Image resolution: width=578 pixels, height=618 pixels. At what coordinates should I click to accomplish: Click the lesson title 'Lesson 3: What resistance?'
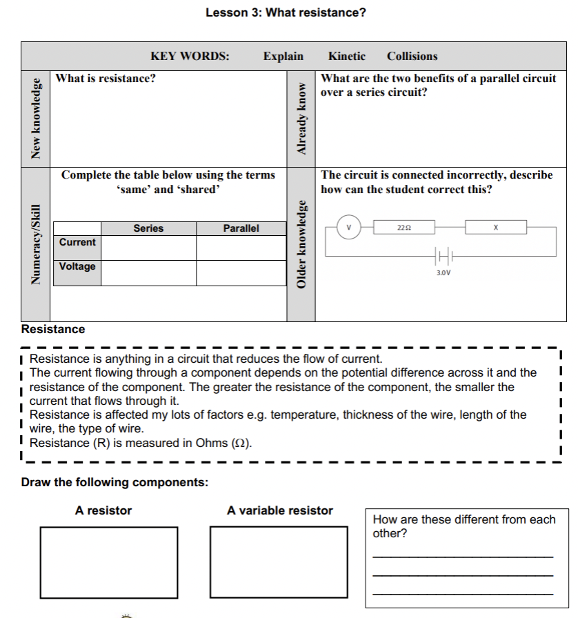tap(286, 12)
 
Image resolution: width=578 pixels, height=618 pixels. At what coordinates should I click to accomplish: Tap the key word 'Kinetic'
tap(347, 57)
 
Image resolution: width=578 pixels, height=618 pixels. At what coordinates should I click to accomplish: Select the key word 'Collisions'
tap(412, 57)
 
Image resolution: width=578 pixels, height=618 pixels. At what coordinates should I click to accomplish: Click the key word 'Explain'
tap(283, 57)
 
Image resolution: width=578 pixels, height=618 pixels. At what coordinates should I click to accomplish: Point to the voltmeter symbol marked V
tap(349, 226)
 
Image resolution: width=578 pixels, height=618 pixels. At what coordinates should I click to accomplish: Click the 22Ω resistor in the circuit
tap(403, 226)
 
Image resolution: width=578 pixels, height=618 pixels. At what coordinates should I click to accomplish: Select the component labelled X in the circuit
tap(495, 226)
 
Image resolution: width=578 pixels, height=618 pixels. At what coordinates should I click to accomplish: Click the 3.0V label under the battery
tap(444, 273)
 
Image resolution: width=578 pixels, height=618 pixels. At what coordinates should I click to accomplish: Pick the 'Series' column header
tap(148, 228)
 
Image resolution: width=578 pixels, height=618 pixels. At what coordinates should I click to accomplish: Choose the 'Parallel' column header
tap(241, 228)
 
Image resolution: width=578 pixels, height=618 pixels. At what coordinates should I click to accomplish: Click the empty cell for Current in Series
tap(148, 247)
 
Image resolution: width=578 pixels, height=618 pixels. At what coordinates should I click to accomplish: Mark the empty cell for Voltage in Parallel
tap(241, 272)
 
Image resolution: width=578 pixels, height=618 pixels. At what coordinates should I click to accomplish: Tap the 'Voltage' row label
tap(77, 266)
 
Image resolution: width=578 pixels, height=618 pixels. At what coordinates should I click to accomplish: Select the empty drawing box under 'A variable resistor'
tap(279, 553)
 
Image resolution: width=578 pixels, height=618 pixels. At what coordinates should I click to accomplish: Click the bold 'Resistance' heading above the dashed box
tap(53, 329)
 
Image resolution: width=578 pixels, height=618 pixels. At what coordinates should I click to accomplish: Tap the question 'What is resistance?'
tap(106, 78)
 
